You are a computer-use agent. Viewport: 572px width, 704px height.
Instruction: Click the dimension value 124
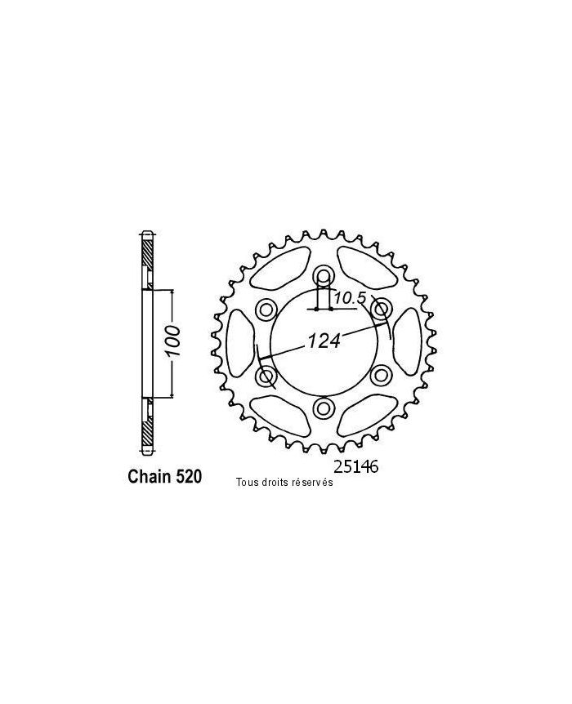pyautogui.click(x=324, y=342)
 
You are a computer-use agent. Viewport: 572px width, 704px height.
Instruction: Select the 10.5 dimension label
pyautogui.click(x=349, y=298)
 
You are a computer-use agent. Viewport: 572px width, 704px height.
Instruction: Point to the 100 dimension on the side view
pyautogui.click(x=173, y=344)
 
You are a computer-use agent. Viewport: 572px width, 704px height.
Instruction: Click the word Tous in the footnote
pyautogui.click(x=247, y=483)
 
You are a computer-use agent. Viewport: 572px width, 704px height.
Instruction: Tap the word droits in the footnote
pyautogui.click(x=276, y=483)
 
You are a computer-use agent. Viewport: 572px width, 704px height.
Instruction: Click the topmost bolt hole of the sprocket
pyautogui.click(x=324, y=275)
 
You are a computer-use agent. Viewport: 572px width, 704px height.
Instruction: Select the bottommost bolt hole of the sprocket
pyautogui.click(x=324, y=408)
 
